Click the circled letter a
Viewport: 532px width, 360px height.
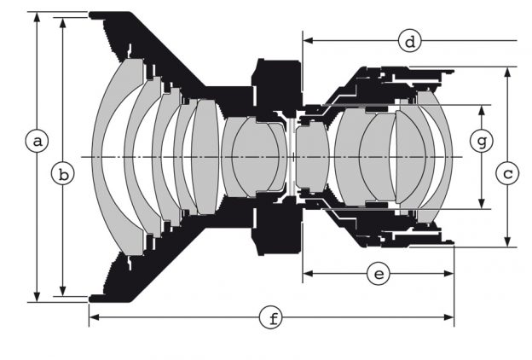coord(35,140)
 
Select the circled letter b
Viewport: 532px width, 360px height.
coord(62,175)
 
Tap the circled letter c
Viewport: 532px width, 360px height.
coord(508,175)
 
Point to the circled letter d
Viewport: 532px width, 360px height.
coord(410,40)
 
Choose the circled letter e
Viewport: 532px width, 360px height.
coord(378,273)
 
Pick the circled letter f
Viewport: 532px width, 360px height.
coord(272,318)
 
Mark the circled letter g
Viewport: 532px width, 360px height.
coord(483,139)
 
